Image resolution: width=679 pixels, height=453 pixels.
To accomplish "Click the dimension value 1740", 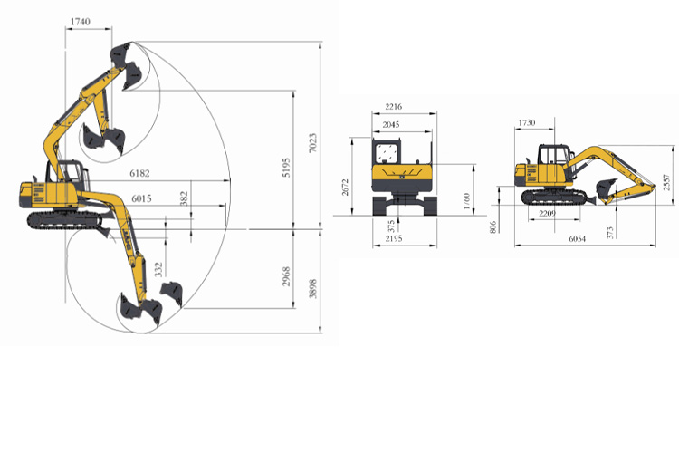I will pyautogui.click(x=80, y=22).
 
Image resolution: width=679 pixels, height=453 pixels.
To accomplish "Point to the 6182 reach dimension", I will pyautogui.click(x=141, y=171).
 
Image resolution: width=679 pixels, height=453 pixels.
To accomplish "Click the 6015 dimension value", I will pyautogui.click(x=141, y=198).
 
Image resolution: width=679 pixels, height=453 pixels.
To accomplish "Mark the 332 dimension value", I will pyautogui.click(x=159, y=268).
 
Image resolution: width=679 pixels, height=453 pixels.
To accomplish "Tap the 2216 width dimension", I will pyautogui.click(x=393, y=107).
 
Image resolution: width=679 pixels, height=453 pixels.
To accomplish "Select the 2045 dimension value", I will pyautogui.click(x=390, y=124).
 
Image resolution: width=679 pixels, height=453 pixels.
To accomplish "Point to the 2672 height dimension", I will pyautogui.click(x=346, y=187).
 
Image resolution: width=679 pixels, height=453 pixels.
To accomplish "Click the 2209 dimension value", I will pyautogui.click(x=547, y=213).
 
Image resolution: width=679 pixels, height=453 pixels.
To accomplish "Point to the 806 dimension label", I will pyautogui.click(x=493, y=227).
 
